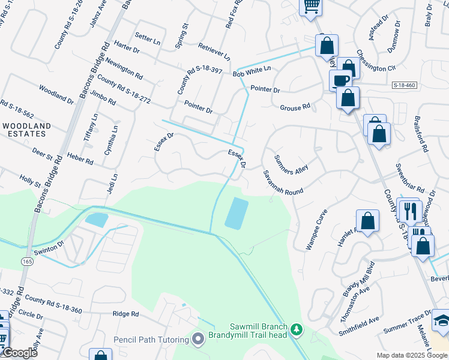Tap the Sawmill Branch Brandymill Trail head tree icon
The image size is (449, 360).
pos(295,329)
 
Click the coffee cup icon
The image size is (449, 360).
pos(341,80)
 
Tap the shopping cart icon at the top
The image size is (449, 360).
pos(311,6)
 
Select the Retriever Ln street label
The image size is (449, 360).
pos(214,52)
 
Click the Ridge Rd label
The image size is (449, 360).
pos(126,314)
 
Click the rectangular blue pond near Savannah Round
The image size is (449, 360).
pos(236,213)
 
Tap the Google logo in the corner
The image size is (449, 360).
pos(19,353)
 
